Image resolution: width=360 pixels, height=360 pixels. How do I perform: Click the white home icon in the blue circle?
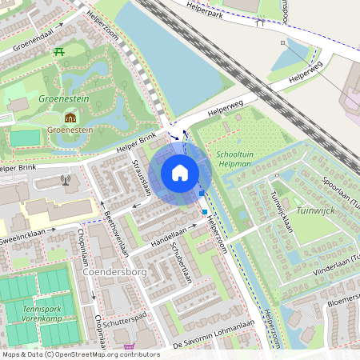tap(180, 172)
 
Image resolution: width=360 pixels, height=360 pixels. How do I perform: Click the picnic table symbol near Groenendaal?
tap(60, 53)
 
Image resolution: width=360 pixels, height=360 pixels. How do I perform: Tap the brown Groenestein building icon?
tap(70, 117)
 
